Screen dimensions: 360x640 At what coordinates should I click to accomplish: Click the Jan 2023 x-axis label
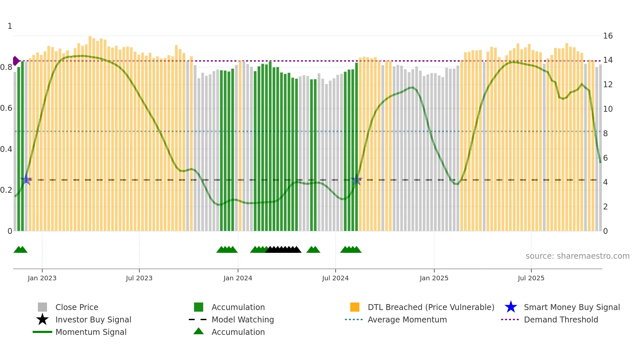(x=42, y=278)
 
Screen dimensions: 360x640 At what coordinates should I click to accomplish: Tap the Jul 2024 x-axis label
(x=335, y=278)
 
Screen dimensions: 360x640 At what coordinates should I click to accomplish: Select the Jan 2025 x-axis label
(x=434, y=278)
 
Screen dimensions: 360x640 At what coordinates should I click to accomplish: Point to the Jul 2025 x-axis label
(x=531, y=278)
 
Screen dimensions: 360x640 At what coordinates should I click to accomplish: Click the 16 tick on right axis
(x=608, y=36)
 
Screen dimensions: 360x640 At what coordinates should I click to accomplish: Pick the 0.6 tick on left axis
(x=6, y=108)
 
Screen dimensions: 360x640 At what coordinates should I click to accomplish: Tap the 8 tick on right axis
(x=605, y=133)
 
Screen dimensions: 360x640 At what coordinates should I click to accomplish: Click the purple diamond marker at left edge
(x=16, y=61)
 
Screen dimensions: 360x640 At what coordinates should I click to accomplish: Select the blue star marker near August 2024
(x=357, y=180)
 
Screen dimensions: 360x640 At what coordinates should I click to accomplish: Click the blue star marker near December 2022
(x=26, y=180)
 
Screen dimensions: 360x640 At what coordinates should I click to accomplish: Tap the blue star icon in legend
(x=511, y=307)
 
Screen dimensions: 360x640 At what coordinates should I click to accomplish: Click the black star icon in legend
(x=42, y=319)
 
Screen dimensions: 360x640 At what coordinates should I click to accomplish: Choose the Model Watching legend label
(x=243, y=319)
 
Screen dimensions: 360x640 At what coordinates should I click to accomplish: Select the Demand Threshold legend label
(x=561, y=319)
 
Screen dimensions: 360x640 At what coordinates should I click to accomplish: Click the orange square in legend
(x=355, y=307)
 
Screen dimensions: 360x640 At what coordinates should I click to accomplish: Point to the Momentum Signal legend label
(x=91, y=332)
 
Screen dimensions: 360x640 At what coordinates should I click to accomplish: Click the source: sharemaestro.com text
(x=577, y=256)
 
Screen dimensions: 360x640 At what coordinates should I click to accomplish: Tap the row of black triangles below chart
(x=283, y=250)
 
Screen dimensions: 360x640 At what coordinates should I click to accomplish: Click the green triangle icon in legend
(x=199, y=331)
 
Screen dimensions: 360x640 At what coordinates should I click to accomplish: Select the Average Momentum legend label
(x=407, y=319)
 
